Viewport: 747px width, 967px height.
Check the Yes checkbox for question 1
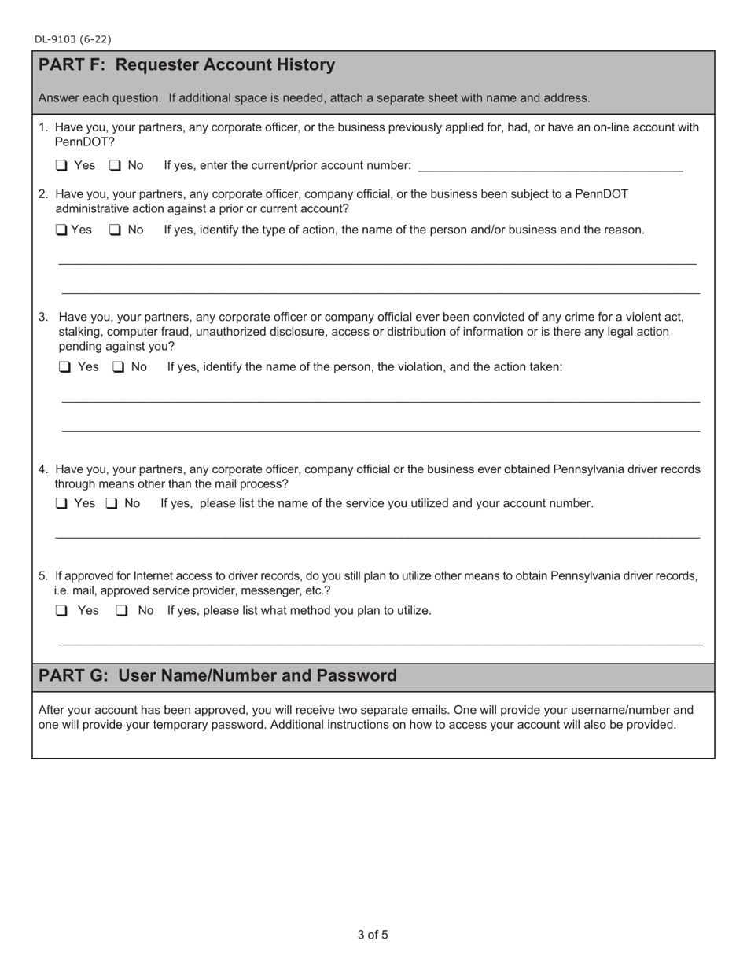pos(61,166)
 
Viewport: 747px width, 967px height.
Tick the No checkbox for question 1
pos(115,166)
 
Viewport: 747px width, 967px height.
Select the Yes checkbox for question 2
pos(61,230)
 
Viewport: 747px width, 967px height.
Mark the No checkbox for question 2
pos(115,230)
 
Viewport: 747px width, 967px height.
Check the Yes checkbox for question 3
pos(64,367)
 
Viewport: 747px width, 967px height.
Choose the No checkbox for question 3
pos(118,367)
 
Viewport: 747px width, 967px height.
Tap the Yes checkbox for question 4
pos(61,504)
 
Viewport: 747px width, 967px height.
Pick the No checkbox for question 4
pos(112,504)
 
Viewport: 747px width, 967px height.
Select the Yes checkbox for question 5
pos(61,611)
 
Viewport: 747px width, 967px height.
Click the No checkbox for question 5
pos(122,611)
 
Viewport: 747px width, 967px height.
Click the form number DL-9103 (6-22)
pos(72,39)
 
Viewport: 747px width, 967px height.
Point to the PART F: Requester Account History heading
pos(186,65)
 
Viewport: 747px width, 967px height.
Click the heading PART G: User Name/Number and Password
pos(217,676)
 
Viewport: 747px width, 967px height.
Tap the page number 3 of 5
pos(373,935)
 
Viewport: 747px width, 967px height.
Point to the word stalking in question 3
pos(82,332)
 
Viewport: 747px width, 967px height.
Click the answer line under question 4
pos(377,537)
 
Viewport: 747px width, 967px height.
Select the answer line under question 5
pos(381,644)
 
